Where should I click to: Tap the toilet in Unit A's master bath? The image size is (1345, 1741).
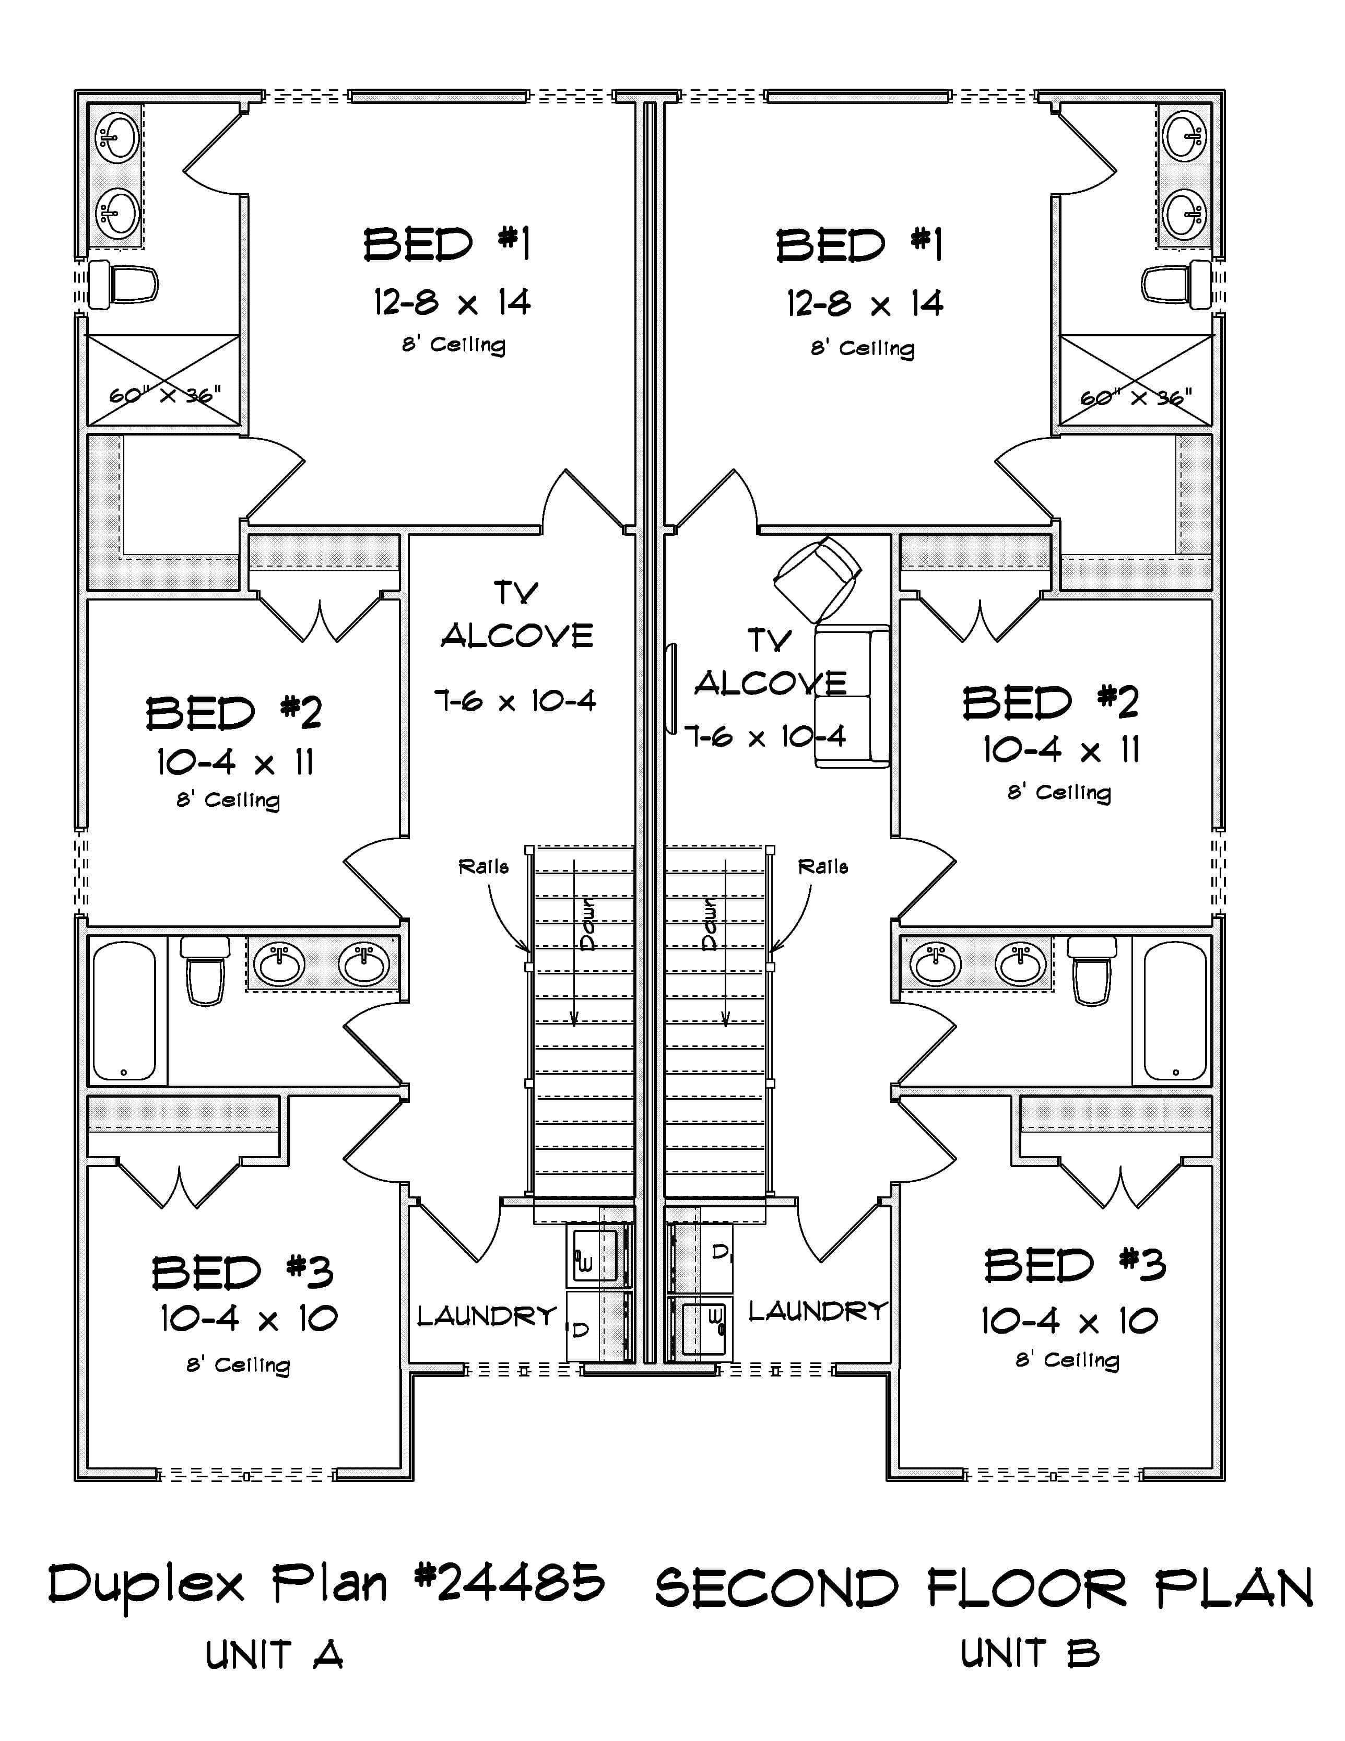(122, 285)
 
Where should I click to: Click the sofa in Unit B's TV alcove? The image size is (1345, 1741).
(852, 696)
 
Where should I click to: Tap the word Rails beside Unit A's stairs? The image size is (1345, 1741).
(483, 866)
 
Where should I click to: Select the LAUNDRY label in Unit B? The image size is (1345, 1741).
(817, 1311)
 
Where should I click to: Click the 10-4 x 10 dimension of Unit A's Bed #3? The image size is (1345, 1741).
(249, 1319)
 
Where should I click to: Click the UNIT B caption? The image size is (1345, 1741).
(1029, 1653)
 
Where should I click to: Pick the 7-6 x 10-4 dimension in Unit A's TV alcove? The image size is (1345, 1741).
(515, 701)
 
